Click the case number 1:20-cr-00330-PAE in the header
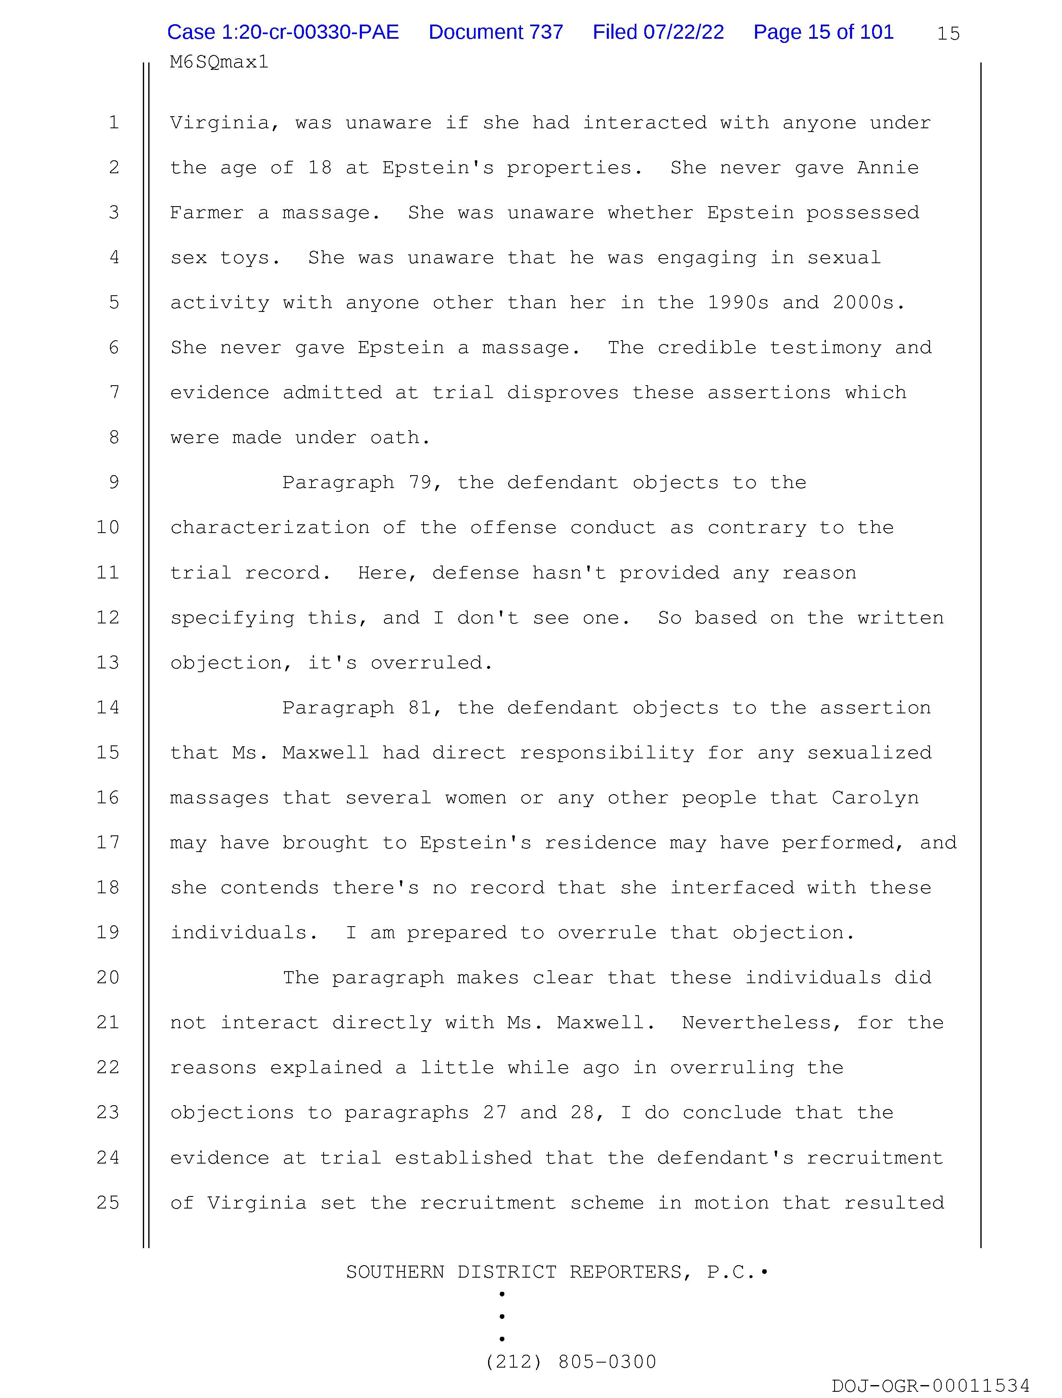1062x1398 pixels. [282, 32]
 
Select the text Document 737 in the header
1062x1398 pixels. [496, 32]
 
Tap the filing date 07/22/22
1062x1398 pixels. [683, 32]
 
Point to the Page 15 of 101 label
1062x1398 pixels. [823, 32]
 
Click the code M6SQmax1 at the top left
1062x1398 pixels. [219, 62]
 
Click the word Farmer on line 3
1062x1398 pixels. [207, 213]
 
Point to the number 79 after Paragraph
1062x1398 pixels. [420, 483]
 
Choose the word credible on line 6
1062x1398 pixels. [707, 348]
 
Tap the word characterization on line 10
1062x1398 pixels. [269, 528]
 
